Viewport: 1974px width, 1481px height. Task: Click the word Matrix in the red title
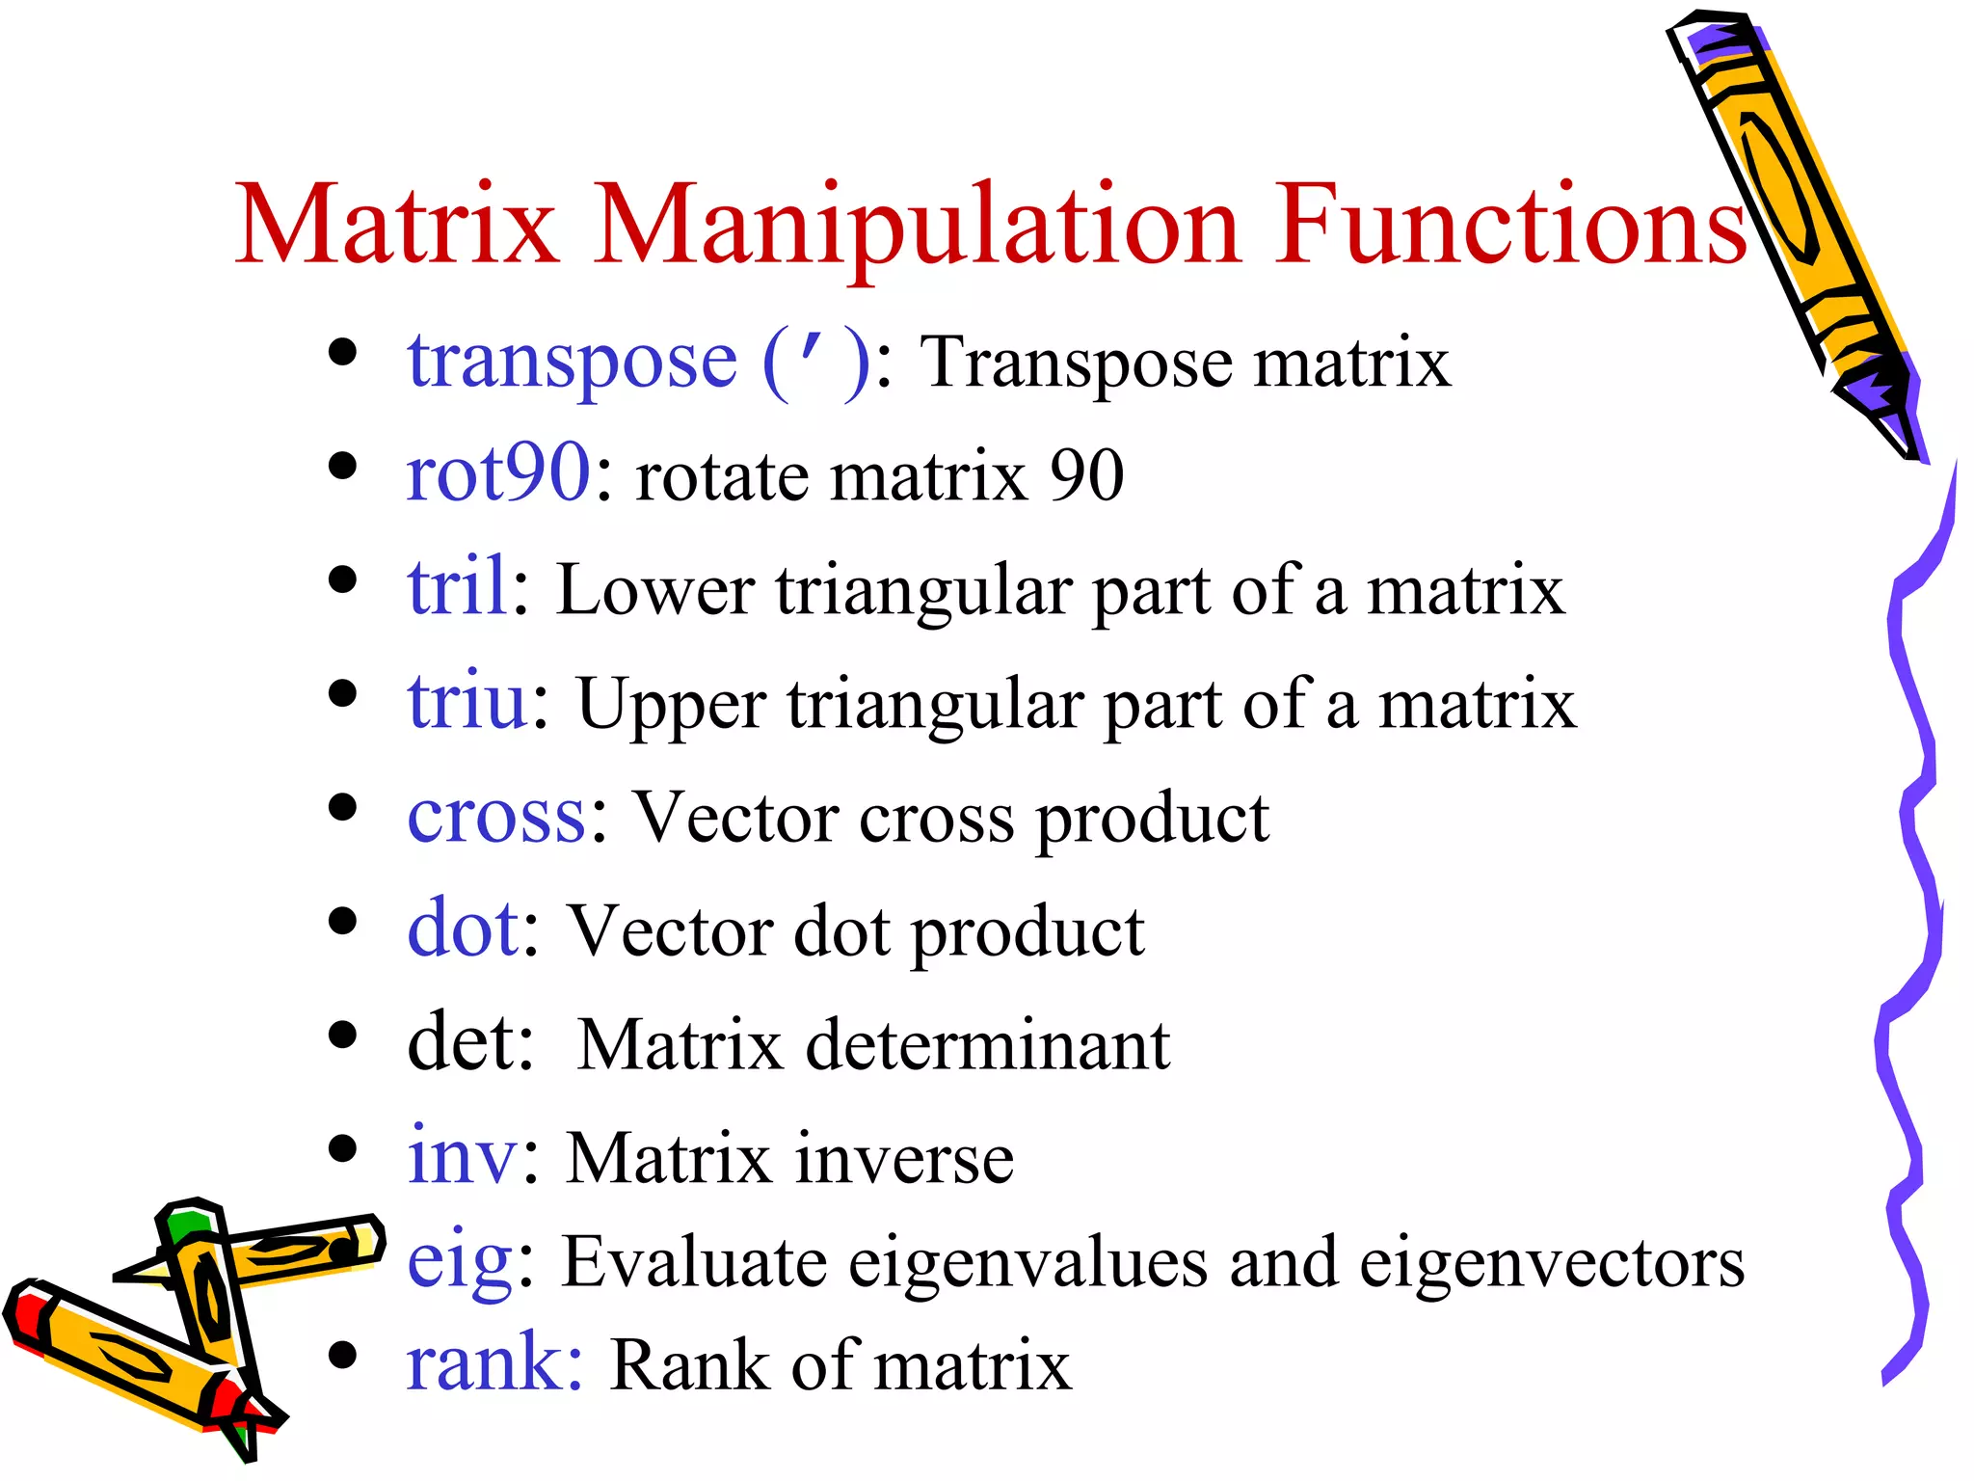(396, 225)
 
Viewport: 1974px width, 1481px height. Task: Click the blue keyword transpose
(573, 363)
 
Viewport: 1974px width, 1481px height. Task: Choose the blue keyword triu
(467, 701)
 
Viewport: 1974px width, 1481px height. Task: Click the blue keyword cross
(496, 817)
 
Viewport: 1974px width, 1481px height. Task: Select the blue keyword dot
(463, 928)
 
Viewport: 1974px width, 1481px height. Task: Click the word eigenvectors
(1552, 1263)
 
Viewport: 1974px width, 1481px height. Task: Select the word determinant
(988, 1044)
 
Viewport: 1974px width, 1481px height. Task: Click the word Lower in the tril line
(655, 590)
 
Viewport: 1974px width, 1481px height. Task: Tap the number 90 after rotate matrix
(1086, 475)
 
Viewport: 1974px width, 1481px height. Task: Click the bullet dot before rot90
(342, 468)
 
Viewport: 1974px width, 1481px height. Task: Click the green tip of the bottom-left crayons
(186, 1225)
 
